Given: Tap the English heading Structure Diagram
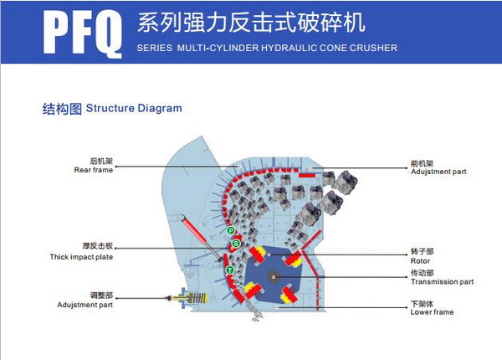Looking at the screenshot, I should click(x=133, y=109).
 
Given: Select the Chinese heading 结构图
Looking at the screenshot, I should click(x=62, y=109).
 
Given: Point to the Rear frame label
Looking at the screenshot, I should click(x=93, y=170).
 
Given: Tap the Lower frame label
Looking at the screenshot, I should click(x=432, y=312).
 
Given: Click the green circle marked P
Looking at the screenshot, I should click(x=231, y=230).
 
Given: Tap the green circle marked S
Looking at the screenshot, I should click(x=237, y=243).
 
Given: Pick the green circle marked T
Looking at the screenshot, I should click(x=230, y=270).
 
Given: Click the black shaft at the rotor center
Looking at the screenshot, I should click(x=274, y=275).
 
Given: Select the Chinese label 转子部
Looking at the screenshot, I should click(x=421, y=249).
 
